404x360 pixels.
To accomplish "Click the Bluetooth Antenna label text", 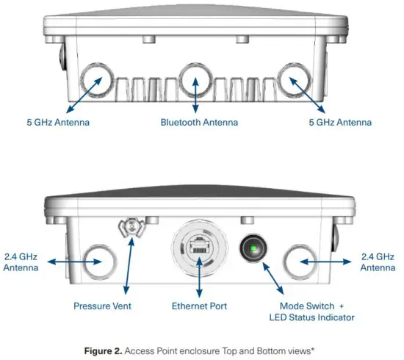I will tap(195, 121).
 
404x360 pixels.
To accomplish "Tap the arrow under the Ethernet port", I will tap(198, 284).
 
